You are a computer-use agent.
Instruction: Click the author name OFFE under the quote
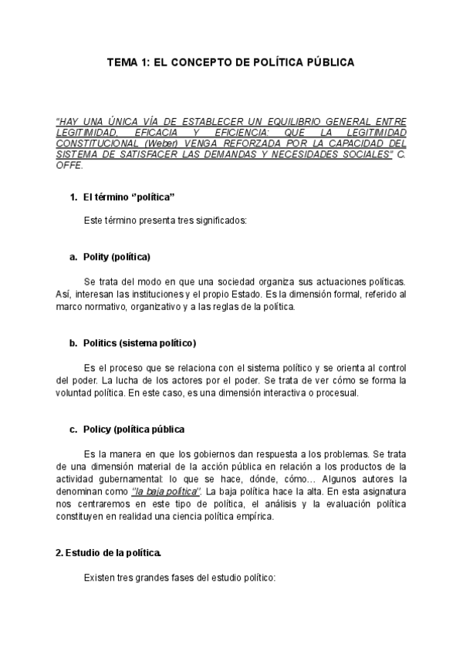(x=68, y=165)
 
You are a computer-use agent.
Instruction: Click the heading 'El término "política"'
(x=123, y=197)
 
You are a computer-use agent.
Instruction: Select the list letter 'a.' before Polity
(x=73, y=256)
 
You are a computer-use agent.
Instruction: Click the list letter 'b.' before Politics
(x=73, y=342)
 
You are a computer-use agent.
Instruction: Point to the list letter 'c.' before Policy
(x=73, y=429)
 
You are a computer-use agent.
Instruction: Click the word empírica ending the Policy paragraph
(x=251, y=516)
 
